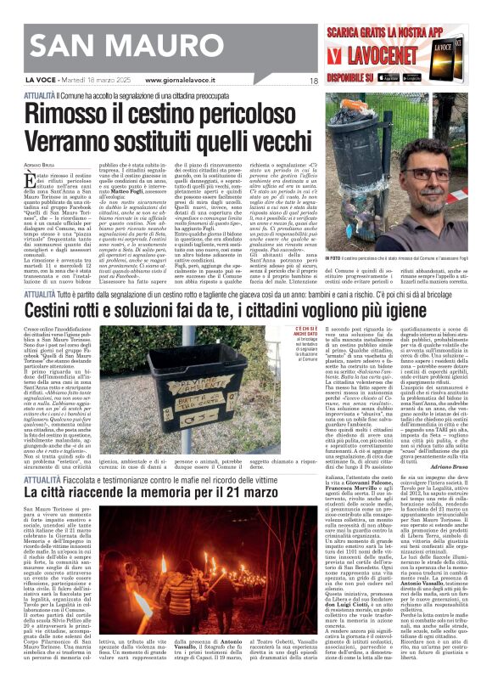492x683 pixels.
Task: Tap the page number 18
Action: point(312,81)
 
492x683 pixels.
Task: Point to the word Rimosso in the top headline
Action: point(80,112)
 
